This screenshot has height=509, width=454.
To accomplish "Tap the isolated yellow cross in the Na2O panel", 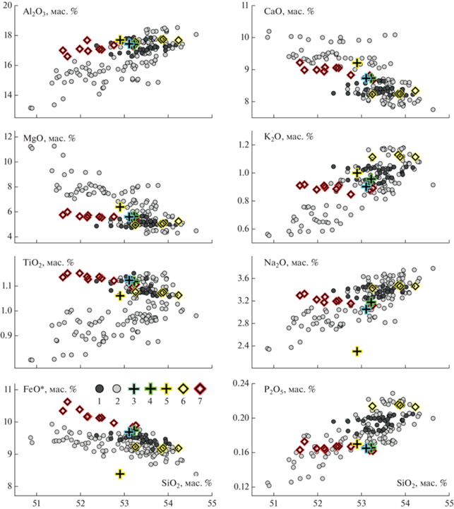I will pyautogui.click(x=357, y=351).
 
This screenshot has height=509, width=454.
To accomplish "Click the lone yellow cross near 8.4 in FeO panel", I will pyautogui.click(x=121, y=473).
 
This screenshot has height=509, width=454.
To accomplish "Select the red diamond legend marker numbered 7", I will pyautogui.click(x=201, y=388).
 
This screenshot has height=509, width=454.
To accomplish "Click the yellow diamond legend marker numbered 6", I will pyautogui.click(x=183, y=388).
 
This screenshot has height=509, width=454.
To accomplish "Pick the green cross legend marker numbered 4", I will pyautogui.click(x=150, y=388).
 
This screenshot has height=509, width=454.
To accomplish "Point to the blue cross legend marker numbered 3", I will pyautogui.click(x=133, y=388).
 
